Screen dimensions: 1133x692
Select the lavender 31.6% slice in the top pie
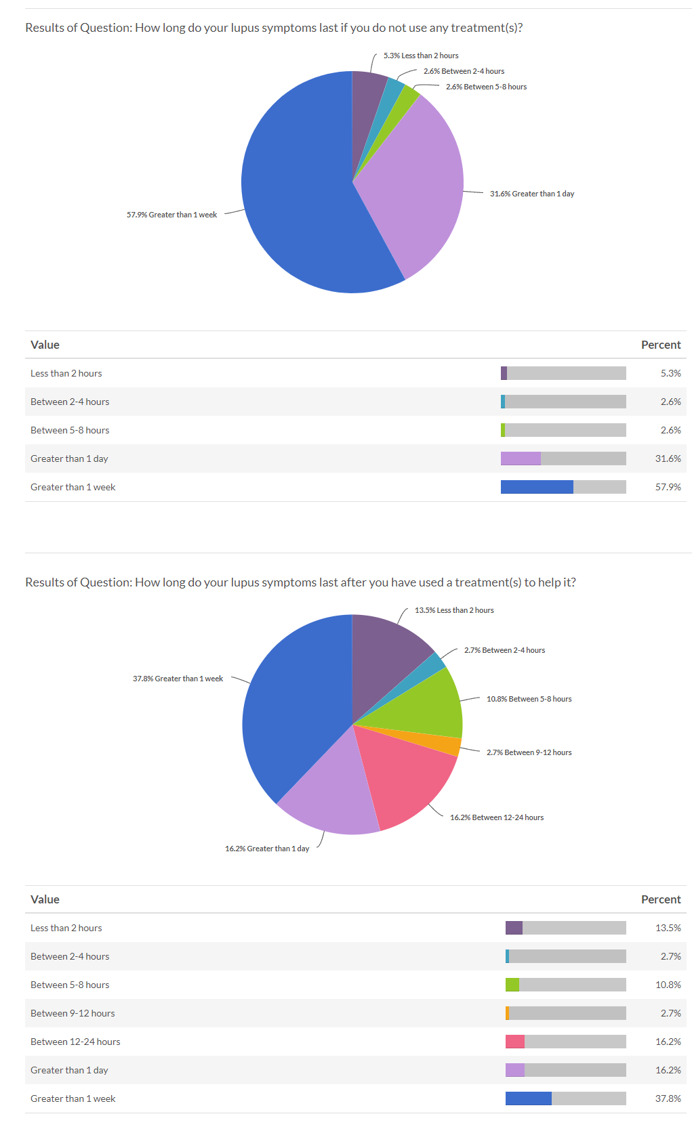[413, 190]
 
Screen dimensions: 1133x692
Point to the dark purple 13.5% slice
[386, 650]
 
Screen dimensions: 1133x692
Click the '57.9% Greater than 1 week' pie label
[171, 215]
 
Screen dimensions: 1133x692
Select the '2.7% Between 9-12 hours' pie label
[529, 752]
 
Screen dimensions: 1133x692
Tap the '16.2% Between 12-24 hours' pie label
[497, 817]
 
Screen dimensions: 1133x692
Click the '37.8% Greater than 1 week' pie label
[178, 679]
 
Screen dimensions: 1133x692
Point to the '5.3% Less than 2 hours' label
[421, 56]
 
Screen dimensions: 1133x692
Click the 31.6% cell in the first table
[668, 458]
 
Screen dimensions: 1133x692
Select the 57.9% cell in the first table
[668, 487]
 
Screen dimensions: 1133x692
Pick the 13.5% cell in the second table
[668, 928]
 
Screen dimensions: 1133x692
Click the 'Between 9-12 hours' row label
[73, 1013]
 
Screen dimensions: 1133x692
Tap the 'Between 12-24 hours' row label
[75, 1042]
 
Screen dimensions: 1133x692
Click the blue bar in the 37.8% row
[528, 1098]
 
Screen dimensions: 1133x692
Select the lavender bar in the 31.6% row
[521, 458]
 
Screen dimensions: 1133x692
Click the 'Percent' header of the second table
[660, 899]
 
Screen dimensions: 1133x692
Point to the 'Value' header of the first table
[45, 345]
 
